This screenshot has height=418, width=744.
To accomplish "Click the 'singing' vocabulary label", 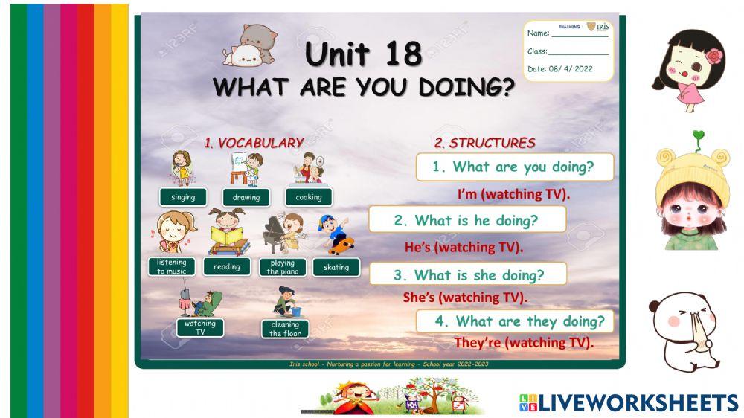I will (183, 197).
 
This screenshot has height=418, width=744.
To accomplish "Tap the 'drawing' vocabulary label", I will (246, 197).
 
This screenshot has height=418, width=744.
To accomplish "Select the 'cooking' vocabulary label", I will (309, 197).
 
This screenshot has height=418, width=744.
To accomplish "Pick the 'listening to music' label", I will (172, 267).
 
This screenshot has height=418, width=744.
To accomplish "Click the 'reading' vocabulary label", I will (227, 267).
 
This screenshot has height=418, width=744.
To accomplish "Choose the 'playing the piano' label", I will (283, 267).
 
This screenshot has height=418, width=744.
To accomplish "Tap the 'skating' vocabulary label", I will (336, 267).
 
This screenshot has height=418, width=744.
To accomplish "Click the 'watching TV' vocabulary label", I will (200, 327).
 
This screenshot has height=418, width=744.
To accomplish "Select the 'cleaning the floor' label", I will (285, 329).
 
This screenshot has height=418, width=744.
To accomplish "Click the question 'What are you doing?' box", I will (515, 167).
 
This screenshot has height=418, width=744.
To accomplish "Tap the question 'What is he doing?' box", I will (467, 220).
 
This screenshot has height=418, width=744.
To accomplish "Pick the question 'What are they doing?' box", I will (515, 321).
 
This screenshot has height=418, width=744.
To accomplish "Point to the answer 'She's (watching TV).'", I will (465, 298).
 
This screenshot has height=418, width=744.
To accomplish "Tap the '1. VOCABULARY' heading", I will (254, 143).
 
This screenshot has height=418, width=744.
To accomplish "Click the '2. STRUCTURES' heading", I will (484, 143).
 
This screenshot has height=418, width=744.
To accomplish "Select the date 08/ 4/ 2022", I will (560, 68).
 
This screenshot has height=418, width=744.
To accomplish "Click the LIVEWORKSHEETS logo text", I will (638, 402).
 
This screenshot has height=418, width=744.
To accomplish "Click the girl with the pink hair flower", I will (688, 71).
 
